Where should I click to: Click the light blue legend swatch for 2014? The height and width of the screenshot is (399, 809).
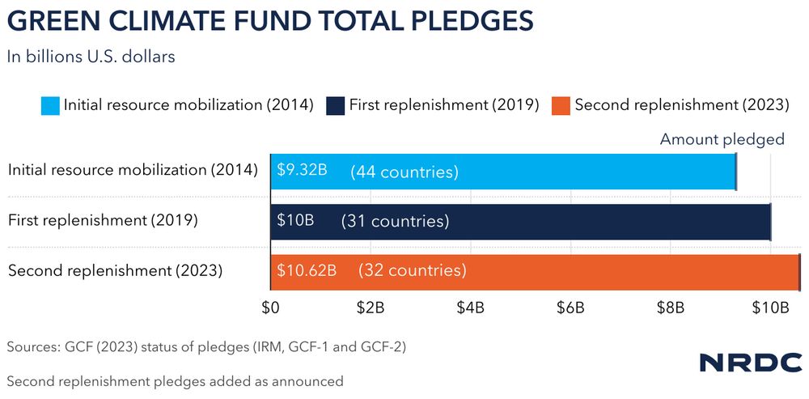[x=50, y=104]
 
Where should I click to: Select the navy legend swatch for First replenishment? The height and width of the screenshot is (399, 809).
[x=336, y=104]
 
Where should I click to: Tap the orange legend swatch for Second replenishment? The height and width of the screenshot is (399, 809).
[x=561, y=104]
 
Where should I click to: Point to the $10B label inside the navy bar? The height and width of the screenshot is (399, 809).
[x=295, y=220]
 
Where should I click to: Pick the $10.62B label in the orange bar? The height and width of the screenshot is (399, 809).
[x=307, y=270]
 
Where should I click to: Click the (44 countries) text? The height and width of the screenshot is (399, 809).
[x=404, y=172]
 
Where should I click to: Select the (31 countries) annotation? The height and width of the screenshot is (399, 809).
[x=395, y=221]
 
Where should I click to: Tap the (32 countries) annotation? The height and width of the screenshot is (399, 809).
[x=413, y=270]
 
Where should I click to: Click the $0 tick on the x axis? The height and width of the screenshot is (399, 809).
[x=270, y=308]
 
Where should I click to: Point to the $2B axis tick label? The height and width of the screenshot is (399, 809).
[x=371, y=308]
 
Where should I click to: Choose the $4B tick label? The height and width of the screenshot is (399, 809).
[x=471, y=308]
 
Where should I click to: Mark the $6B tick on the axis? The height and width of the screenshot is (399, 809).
[x=570, y=308]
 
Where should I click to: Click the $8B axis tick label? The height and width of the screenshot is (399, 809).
[x=671, y=308]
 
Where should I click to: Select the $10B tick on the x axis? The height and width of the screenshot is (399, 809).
[x=771, y=308]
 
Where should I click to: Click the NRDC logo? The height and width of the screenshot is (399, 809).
[x=751, y=362]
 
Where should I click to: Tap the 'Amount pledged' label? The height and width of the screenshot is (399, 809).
[x=722, y=139]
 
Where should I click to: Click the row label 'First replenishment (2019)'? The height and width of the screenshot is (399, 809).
[x=103, y=220]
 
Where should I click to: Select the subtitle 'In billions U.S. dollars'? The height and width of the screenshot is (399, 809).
[x=91, y=57]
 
